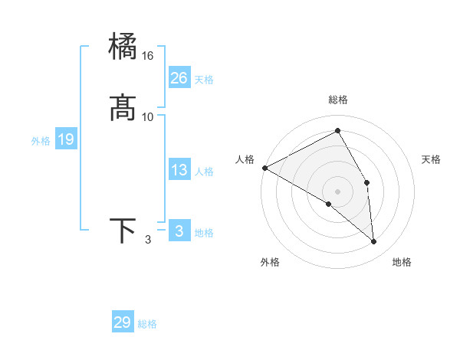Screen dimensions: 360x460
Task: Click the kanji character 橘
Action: coord(123,46)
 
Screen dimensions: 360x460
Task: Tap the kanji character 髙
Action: coord(123,107)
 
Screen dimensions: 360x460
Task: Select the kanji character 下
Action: coord(123,231)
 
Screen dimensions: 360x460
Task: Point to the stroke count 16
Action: coord(148,56)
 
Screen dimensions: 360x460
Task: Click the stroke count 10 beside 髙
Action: coord(148,116)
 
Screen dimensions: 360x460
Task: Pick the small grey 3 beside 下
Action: coord(148,241)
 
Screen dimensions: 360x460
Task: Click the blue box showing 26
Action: coord(179,77)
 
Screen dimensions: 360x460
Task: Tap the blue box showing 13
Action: coord(179,170)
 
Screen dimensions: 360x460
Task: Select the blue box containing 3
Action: coord(179,231)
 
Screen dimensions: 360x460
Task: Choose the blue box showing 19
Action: coord(66,139)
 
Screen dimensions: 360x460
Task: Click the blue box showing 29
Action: coord(123,322)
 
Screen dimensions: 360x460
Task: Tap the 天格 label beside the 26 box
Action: coord(204,79)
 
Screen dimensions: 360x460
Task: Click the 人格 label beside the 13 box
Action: coord(204,172)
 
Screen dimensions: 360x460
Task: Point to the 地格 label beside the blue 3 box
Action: coord(204,232)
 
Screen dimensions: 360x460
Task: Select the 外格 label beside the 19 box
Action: coord(41,141)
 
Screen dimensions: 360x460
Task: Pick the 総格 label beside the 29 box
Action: coord(147,324)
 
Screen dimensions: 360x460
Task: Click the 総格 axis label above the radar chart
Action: coord(338,100)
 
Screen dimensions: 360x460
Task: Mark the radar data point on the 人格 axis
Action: coord(264,168)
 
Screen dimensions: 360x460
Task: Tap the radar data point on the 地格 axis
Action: coord(374,241)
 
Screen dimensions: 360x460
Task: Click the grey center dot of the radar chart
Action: coord(338,191)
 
